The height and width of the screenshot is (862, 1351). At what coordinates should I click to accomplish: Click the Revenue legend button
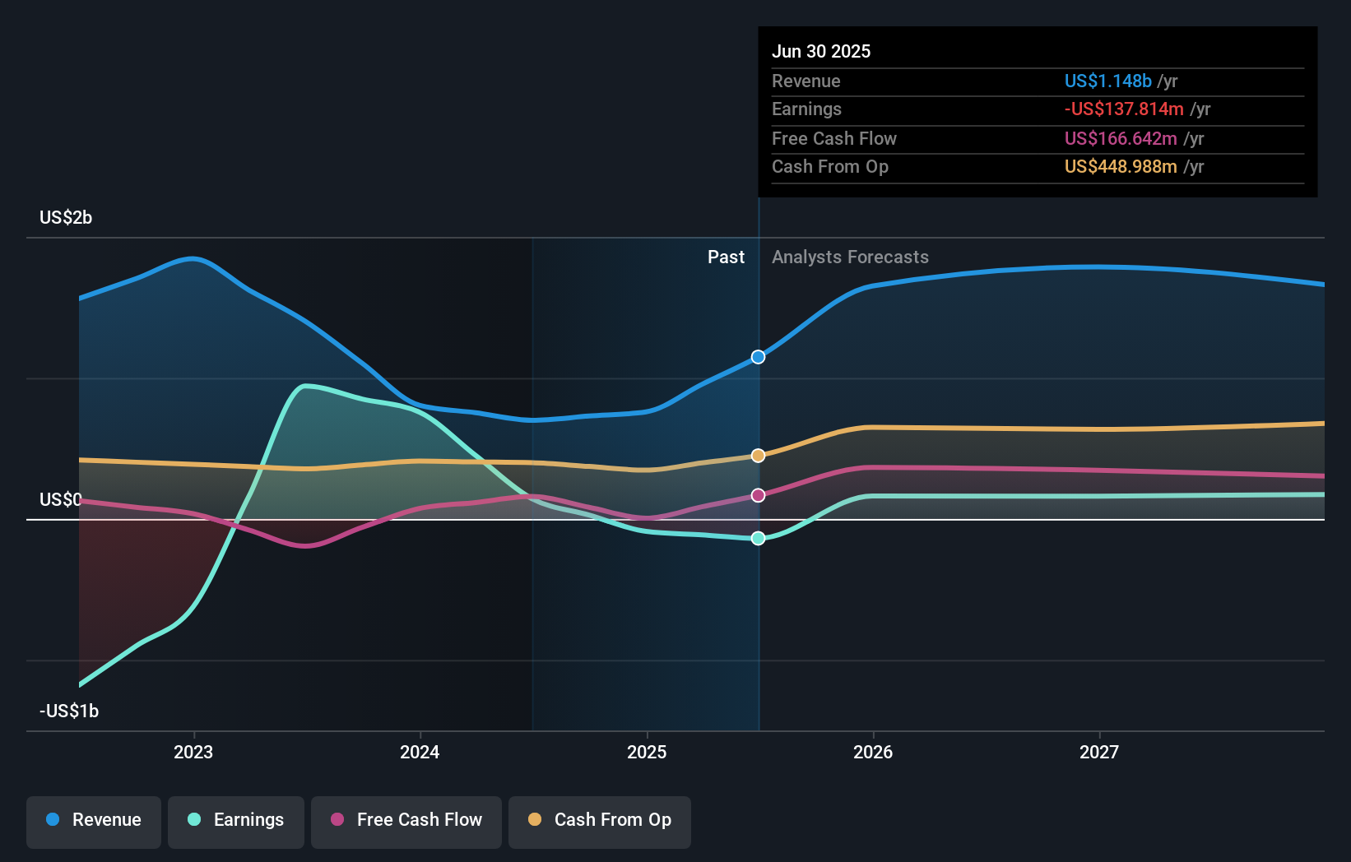tap(94, 821)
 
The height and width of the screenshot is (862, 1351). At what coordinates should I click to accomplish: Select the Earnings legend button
tap(236, 821)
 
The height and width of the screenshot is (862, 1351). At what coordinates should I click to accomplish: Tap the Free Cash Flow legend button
tap(406, 821)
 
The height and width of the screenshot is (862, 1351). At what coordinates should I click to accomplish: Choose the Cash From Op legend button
tap(600, 821)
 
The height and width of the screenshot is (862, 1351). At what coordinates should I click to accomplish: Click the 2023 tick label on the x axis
tap(193, 752)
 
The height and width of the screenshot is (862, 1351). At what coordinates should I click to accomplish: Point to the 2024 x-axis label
tap(420, 752)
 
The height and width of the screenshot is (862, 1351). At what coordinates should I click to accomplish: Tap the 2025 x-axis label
tap(647, 752)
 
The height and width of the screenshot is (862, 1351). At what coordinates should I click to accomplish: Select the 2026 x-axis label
tap(873, 752)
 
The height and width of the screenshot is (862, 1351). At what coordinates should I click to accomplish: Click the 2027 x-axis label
tap(1099, 752)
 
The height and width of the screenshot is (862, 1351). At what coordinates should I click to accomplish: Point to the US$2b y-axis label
tap(66, 217)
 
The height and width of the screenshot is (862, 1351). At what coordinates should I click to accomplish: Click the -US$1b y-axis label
tap(69, 711)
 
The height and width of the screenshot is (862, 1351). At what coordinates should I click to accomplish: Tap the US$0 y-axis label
tap(61, 499)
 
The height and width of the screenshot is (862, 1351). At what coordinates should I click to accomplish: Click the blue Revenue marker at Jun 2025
tap(758, 357)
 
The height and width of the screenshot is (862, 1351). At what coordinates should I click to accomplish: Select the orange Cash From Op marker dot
tap(758, 456)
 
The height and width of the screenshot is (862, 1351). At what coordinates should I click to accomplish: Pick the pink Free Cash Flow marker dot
tap(758, 495)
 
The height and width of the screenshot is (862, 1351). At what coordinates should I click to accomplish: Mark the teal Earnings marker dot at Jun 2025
tap(758, 538)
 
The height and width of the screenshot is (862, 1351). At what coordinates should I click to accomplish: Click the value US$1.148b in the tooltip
tap(1107, 81)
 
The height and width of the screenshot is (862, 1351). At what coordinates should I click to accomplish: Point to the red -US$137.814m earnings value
tap(1124, 109)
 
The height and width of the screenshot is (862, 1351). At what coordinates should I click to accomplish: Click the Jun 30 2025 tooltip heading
tap(820, 51)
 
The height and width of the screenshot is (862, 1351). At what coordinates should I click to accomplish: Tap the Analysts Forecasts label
tap(850, 257)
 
